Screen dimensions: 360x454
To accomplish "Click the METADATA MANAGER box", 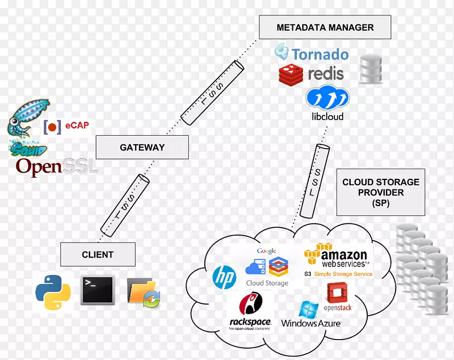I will coord(325,27).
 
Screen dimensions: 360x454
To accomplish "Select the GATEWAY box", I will coord(142,147).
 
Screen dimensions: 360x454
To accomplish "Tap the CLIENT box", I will coord(98,254).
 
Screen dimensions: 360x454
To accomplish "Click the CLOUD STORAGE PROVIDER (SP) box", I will coord(381,192).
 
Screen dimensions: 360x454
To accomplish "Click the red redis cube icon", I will coord(291,74).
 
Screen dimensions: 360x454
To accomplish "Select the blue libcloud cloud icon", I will coord(327,98).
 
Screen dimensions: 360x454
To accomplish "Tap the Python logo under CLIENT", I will coord(53,292).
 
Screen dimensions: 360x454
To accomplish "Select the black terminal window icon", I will coord(98,290).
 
